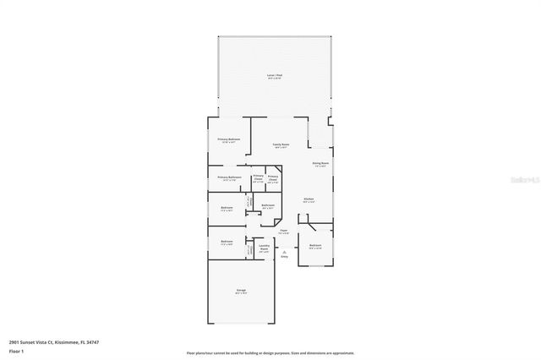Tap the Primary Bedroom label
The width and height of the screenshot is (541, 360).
(228, 139)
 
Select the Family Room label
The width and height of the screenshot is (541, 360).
(281, 145)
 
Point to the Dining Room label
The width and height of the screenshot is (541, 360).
(320, 163)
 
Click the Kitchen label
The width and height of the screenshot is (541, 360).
(309, 199)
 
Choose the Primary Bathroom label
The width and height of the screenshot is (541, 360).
(230, 177)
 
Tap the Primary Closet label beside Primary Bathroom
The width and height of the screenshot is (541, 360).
(258, 178)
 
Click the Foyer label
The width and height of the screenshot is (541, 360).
(284, 230)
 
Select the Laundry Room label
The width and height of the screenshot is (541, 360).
(264, 248)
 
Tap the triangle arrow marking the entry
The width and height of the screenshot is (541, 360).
(284, 250)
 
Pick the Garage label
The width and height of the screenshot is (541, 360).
(241, 290)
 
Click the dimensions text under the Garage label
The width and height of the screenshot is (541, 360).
(241, 294)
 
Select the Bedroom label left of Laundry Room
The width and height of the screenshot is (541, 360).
(227, 242)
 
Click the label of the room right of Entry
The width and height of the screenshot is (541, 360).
(314, 246)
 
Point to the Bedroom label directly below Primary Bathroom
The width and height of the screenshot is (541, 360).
(227, 208)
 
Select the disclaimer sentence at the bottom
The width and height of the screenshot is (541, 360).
(270, 352)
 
